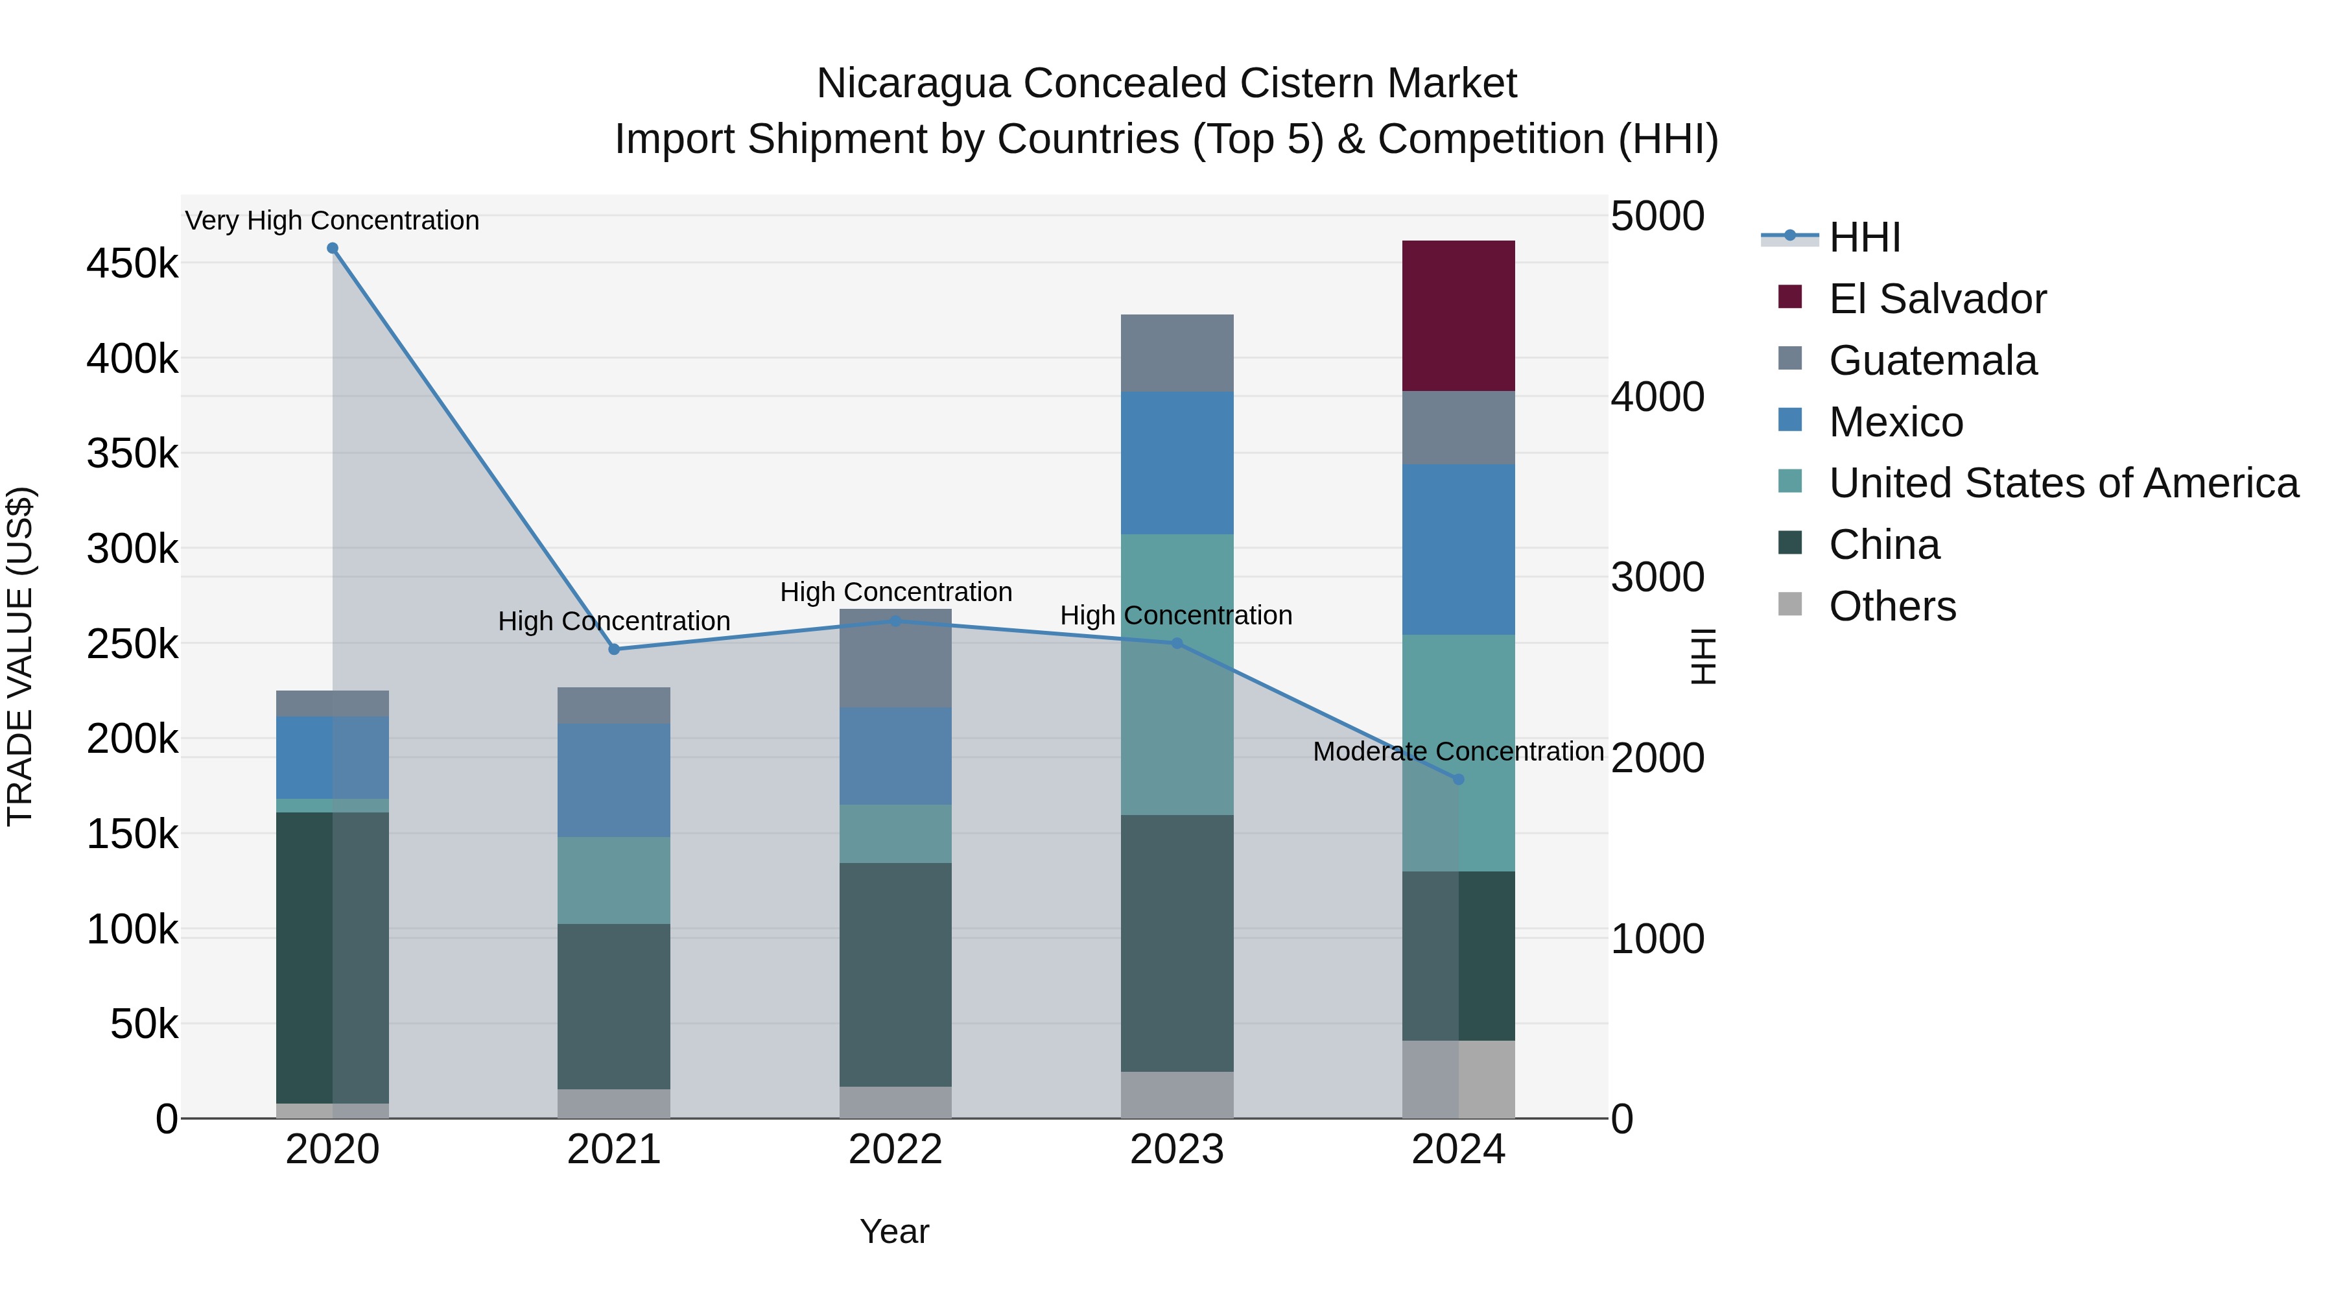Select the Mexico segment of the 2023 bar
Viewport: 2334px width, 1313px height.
pyautogui.click(x=1177, y=462)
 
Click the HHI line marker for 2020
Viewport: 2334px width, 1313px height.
pyautogui.click(x=333, y=248)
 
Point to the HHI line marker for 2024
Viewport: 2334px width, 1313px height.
pyautogui.click(x=1458, y=779)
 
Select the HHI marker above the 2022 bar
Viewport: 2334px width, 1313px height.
pyautogui.click(x=895, y=621)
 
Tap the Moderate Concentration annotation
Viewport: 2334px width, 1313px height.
pyautogui.click(x=1458, y=752)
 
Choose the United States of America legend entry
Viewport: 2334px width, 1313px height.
pyautogui.click(x=2063, y=483)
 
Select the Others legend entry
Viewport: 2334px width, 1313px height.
pyautogui.click(x=1892, y=606)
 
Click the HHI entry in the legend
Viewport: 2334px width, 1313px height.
pyautogui.click(x=1864, y=237)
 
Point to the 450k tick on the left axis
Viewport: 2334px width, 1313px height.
pyautogui.click(x=132, y=265)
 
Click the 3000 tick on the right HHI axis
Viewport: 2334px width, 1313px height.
pyautogui.click(x=1657, y=577)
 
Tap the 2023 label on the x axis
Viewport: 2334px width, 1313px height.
pyautogui.click(x=1177, y=1150)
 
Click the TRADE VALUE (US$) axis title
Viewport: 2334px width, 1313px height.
pyautogui.click(x=20, y=656)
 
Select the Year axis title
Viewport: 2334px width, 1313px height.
pyautogui.click(x=894, y=1231)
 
